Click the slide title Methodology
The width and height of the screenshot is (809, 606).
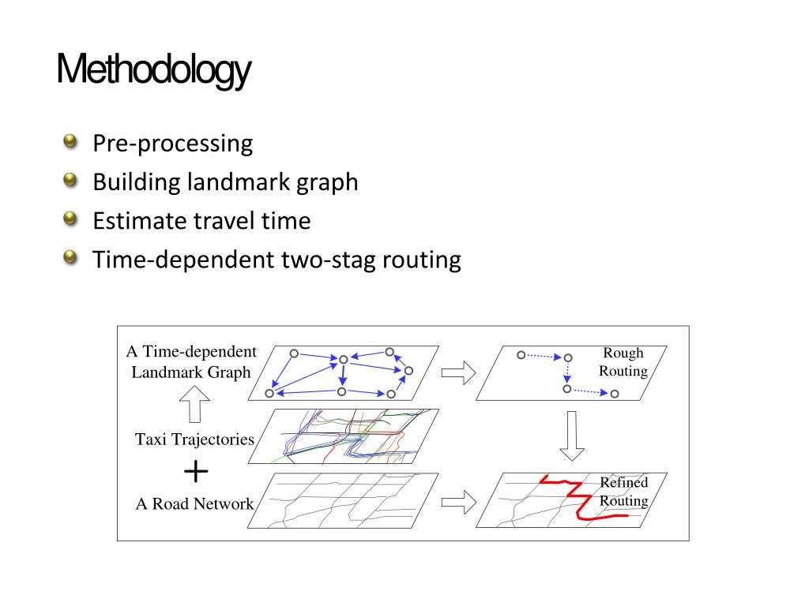point(154,72)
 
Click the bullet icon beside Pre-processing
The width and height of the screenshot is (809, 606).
point(72,143)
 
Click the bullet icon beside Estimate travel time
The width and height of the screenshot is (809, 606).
point(72,219)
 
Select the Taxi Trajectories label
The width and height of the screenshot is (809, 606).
point(195,440)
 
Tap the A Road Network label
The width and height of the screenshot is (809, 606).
point(195,503)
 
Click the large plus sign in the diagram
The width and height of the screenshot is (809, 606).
point(196,472)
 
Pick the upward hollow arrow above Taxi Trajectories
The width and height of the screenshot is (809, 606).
point(195,408)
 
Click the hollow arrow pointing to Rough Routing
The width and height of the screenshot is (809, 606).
point(458,372)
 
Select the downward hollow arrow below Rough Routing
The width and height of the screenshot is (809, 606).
point(571,436)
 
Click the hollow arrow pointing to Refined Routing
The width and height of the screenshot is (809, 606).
point(458,501)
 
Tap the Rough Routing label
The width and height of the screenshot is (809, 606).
point(623,362)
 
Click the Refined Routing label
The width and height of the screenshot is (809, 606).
point(623,492)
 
